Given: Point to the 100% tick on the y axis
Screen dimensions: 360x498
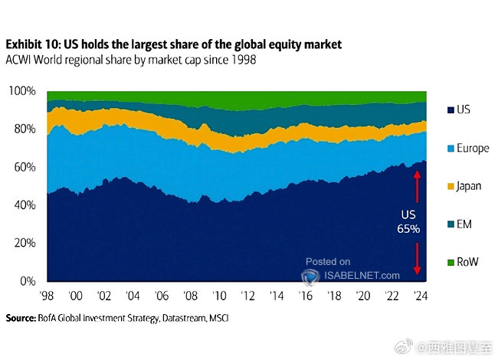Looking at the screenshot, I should tap(23, 91).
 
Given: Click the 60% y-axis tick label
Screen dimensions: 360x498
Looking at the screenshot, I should tap(25, 167).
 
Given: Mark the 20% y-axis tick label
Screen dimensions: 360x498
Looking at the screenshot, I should tap(25, 243).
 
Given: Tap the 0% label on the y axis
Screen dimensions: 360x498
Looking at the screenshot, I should tap(28, 281).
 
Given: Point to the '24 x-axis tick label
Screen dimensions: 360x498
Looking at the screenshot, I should tap(420, 296).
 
